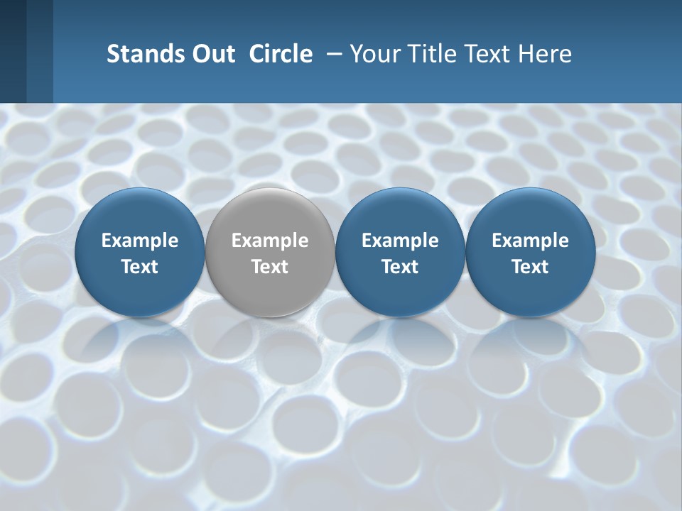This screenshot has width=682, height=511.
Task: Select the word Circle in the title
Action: pyautogui.click(x=281, y=54)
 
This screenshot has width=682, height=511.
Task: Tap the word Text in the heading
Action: pyautogui.click(x=484, y=54)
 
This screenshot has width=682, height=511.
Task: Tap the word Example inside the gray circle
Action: pyautogui.click(x=270, y=241)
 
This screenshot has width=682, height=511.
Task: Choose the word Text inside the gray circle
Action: pyautogui.click(x=270, y=267)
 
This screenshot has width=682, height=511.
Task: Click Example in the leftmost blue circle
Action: pyautogui.click(x=140, y=241)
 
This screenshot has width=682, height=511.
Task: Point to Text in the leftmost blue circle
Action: pyautogui.click(x=140, y=267)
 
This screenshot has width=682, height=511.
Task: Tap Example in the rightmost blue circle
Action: pyautogui.click(x=530, y=241)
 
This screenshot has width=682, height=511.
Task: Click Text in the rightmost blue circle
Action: pyautogui.click(x=530, y=267)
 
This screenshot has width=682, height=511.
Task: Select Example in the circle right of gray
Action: pyautogui.click(x=400, y=241)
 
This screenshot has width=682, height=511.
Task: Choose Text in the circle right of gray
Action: pyautogui.click(x=400, y=267)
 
